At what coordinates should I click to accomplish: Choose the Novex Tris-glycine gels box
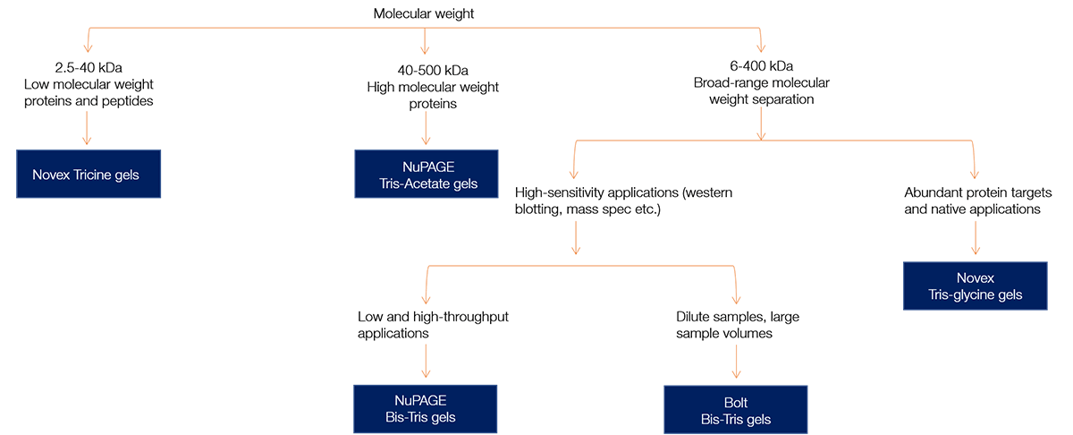pyautogui.click(x=975, y=286)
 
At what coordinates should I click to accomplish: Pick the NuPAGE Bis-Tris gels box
pyautogui.click(x=425, y=409)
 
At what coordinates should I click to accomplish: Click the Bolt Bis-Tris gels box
pyautogui.click(x=735, y=410)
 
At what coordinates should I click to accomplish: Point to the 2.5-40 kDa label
pyautogui.click(x=87, y=66)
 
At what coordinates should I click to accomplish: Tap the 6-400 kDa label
pyautogui.click(x=761, y=66)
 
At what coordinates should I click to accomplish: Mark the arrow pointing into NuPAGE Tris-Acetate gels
pyautogui.click(x=425, y=129)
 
